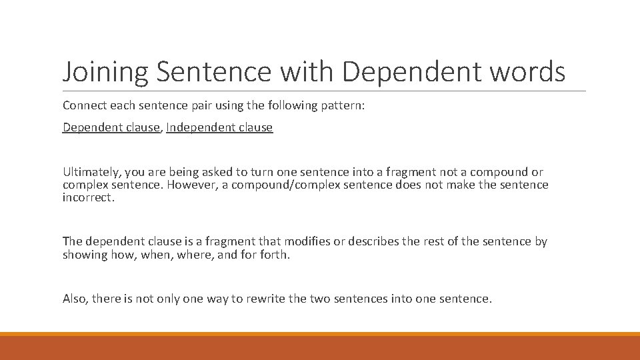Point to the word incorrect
click(89, 197)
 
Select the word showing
click(85, 255)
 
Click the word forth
click(275, 255)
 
